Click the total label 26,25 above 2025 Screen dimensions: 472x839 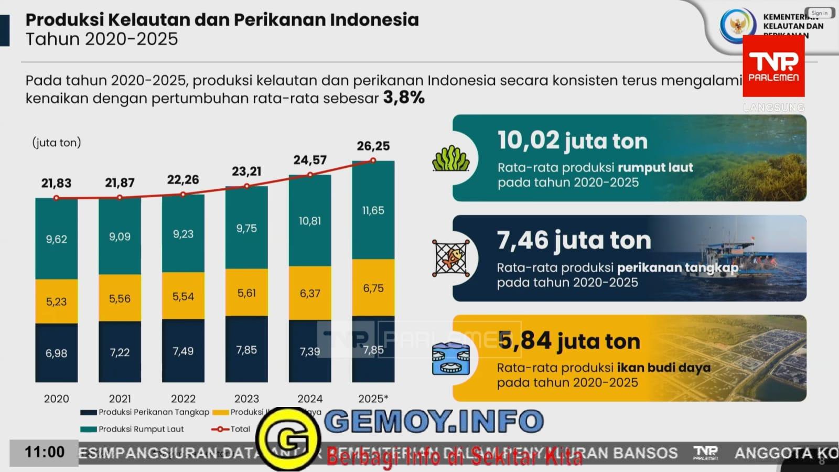pyautogui.click(x=373, y=146)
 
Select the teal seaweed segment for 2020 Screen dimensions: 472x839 pyautogui.click(x=56, y=239)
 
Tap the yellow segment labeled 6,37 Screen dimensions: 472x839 pyautogui.click(x=309, y=293)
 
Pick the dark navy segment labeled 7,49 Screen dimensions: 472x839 pyautogui.click(x=183, y=350)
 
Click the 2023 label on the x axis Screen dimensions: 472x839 pyautogui.click(x=246, y=399)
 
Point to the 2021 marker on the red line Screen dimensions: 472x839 pyautogui.click(x=120, y=198)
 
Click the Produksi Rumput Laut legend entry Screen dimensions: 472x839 pyautogui.click(x=132, y=429)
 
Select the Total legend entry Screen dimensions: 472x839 pyautogui.click(x=231, y=429)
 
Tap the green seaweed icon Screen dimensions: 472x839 pyautogui.click(x=450, y=158)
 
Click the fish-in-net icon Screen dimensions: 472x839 pyautogui.click(x=450, y=258)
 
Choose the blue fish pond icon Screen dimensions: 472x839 pyautogui.click(x=450, y=359)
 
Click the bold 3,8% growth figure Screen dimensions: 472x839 pyautogui.click(x=404, y=98)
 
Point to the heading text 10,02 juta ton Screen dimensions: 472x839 pyautogui.click(x=572, y=141)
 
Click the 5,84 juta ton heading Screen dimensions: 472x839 pyautogui.click(x=569, y=341)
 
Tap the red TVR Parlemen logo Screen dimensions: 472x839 pyautogui.click(x=773, y=67)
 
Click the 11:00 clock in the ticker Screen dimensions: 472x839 pyautogui.click(x=45, y=452)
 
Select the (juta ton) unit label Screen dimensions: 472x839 pyautogui.click(x=57, y=143)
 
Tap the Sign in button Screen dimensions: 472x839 pyautogui.click(x=819, y=13)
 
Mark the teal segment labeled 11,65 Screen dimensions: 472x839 pyautogui.click(x=373, y=210)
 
